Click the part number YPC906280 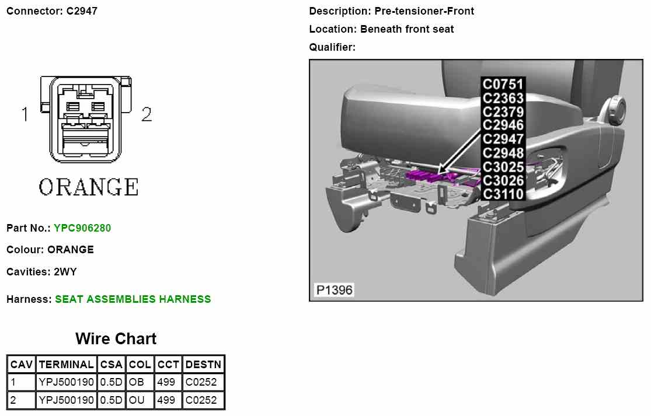(82, 228)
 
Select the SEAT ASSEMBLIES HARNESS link (133, 299)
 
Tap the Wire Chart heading (116, 339)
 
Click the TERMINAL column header (65, 365)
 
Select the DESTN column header (203, 365)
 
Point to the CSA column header (111, 365)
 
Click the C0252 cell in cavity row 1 (201, 382)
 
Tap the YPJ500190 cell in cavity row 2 (65, 400)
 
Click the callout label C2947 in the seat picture (503, 139)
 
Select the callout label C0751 (503, 85)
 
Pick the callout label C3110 (503, 194)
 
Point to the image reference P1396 (334, 290)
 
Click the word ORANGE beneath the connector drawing (89, 187)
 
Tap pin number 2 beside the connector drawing (147, 114)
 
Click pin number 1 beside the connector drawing (25, 114)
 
